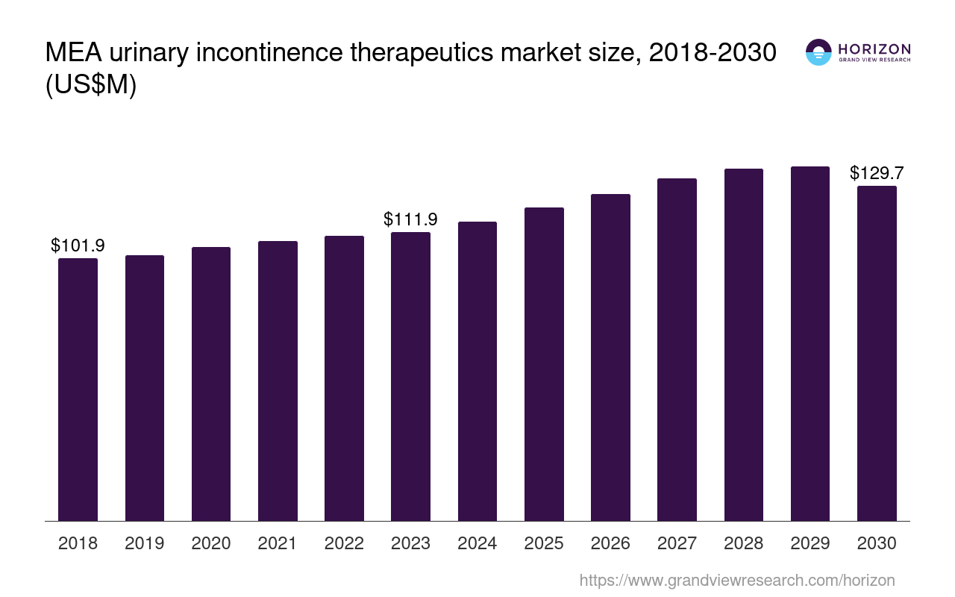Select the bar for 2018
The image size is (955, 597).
78,389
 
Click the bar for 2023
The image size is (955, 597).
410,376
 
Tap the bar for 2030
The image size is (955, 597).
877,353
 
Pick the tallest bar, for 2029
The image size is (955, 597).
810,343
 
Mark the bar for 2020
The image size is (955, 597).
211,384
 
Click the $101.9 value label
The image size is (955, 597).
78,245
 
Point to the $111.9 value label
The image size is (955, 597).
410,219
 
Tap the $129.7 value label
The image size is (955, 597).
877,173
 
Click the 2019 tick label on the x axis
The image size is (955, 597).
145,543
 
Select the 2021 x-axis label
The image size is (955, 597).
278,543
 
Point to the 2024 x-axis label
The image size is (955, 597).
477,543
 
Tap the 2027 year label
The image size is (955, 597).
677,543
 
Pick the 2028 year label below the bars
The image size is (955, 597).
743,543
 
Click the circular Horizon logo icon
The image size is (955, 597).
818,52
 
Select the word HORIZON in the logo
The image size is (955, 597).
874,49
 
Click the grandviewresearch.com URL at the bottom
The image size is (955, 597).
737,580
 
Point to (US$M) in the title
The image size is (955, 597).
91,85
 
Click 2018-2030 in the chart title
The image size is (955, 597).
713,53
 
